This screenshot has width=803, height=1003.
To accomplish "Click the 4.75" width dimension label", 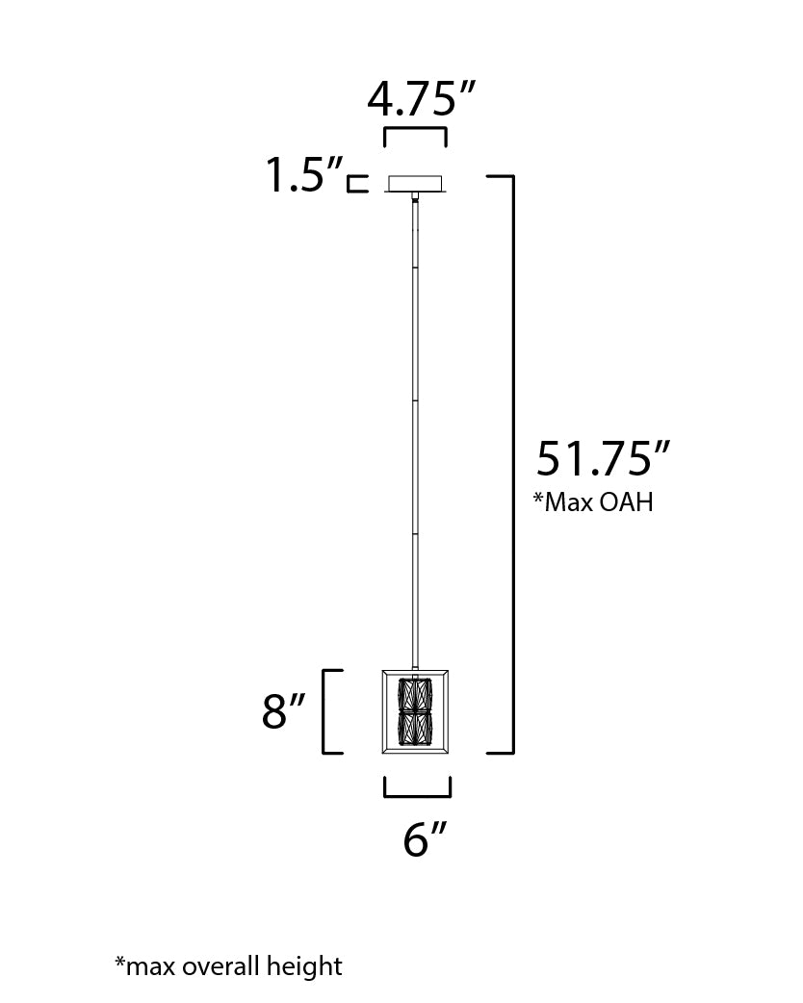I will click(x=422, y=98).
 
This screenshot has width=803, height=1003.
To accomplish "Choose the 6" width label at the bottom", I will click(x=423, y=840).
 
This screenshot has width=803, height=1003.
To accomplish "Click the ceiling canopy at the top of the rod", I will click(x=415, y=183).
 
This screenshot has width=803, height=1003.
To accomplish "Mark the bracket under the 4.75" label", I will click(x=415, y=135).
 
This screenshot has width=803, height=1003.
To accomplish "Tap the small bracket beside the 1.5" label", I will click(x=357, y=184).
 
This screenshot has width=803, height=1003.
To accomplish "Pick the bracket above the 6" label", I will click(x=417, y=788).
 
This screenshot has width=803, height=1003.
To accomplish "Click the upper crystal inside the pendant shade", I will click(x=416, y=694).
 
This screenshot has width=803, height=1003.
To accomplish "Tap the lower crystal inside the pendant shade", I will click(x=416, y=729).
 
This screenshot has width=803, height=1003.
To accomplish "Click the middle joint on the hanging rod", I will click(x=415, y=399).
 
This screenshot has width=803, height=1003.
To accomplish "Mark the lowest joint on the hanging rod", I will click(x=415, y=531).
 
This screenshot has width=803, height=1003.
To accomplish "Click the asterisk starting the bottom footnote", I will click(x=119, y=962).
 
